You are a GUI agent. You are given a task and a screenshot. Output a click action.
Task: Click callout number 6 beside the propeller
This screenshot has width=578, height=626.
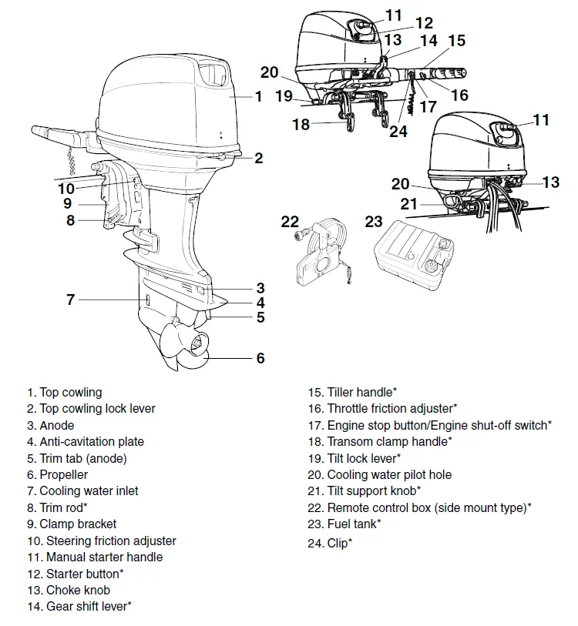260,358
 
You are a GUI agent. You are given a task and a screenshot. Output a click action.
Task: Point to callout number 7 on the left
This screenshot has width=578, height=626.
70,300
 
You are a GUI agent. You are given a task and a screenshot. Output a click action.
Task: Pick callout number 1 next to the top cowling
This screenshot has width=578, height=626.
259,97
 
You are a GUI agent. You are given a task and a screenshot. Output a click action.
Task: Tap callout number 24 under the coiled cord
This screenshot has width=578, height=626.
398,132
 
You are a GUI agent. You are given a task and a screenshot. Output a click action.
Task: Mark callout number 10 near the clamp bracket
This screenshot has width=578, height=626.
66,188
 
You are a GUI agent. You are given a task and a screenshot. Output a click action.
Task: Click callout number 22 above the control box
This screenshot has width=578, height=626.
290,222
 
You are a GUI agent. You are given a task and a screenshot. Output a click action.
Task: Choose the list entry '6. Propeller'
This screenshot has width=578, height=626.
57,475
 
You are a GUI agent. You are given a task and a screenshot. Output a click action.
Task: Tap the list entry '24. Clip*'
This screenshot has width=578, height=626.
330,543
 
